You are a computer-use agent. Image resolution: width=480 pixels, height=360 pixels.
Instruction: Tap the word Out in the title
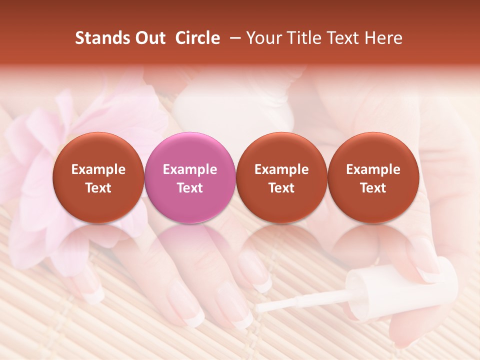pos(148,38)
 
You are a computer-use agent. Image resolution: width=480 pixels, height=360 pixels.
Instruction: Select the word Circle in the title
pos(197,38)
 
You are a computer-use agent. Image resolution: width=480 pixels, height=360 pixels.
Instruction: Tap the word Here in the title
pos(384,38)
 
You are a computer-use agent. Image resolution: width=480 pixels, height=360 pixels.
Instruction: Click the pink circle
pos(189,177)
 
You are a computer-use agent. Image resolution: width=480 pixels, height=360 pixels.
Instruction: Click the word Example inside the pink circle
pos(189,169)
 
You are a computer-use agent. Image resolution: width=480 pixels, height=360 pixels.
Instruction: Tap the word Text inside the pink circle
pos(189,188)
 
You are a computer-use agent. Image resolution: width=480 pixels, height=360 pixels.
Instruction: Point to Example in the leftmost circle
pos(98,169)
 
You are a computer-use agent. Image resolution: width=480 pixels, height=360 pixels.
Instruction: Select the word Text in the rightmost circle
pos(373,188)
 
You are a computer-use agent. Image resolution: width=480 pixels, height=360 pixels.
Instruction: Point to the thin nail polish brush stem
pos(300,303)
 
